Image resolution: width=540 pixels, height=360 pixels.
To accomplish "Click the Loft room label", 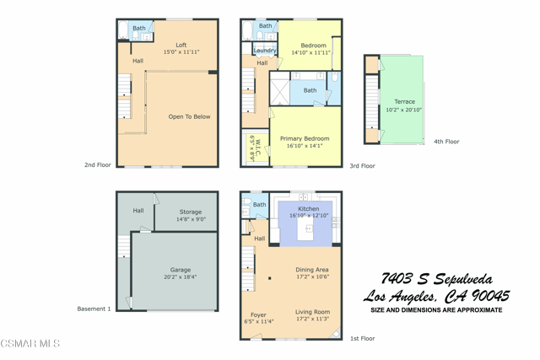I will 181,46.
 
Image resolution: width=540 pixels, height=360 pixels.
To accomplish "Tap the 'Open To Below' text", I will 189,116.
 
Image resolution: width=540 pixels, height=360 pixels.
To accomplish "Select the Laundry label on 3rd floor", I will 265,51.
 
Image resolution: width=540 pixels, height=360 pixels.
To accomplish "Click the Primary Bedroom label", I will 305,138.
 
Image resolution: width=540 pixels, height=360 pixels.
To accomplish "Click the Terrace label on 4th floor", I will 404,102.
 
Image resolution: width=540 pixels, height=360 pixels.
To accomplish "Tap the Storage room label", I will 190,212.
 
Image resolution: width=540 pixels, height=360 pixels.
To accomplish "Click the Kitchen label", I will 309,208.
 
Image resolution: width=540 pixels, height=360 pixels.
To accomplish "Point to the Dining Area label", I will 311,270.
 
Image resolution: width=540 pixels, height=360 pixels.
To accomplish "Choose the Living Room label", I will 312,312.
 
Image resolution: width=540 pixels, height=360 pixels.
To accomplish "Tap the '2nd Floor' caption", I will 98,165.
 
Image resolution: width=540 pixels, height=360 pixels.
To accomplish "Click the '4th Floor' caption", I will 446,142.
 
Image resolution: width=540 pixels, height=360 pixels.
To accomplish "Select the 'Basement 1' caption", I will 94,309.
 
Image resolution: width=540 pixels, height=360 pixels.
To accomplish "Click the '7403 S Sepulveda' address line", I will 436,279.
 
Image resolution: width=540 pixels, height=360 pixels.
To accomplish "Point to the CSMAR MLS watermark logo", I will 30,344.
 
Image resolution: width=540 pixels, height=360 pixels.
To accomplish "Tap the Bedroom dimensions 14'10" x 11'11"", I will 311,53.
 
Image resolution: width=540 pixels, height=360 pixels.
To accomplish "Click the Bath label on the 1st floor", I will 259,205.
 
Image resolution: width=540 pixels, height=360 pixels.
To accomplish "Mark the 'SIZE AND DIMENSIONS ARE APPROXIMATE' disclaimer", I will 436,310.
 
